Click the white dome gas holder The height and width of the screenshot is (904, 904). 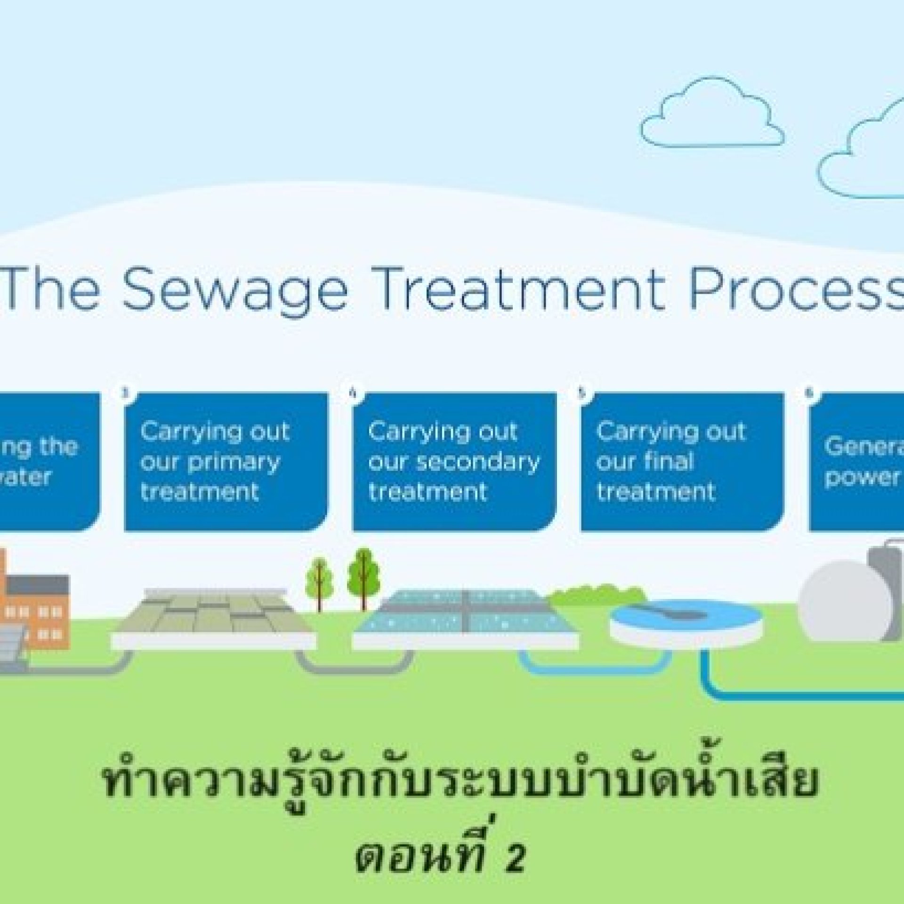[x=845, y=603]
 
